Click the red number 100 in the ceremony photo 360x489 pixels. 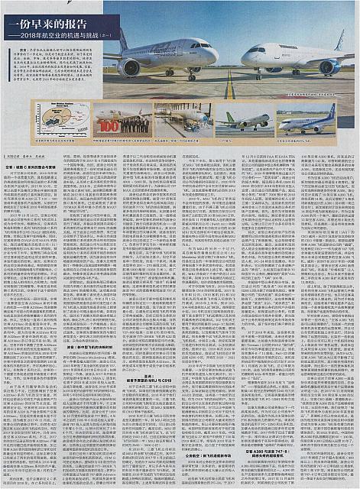pos(109,125)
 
